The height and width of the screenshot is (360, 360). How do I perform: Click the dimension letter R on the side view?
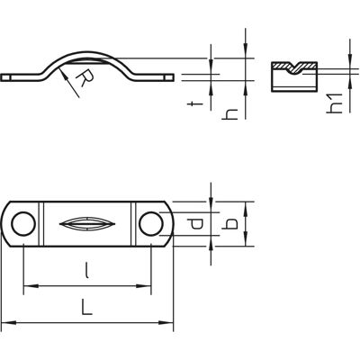(x=85, y=78)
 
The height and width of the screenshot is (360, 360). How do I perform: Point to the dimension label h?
(x=229, y=114)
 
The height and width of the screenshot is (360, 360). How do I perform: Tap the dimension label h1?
(x=335, y=103)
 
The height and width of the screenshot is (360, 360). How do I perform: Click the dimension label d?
(x=195, y=224)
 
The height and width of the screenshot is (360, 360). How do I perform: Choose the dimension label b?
(x=230, y=224)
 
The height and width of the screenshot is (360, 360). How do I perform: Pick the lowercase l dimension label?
(x=86, y=270)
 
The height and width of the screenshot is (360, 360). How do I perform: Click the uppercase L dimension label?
(x=86, y=306)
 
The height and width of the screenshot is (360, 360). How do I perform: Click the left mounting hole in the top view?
(x=23, y=224)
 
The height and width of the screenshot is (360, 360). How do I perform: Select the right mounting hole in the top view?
(x=151, y=224)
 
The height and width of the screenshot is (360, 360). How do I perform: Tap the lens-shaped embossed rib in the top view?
(x=87, y=224)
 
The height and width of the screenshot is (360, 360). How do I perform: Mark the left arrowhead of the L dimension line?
(x=8, y=323)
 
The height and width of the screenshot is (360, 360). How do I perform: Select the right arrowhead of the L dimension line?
(x=166, y=323)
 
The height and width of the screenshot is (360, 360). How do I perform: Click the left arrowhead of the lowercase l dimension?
(x=31, y=286)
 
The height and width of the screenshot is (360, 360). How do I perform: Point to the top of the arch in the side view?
(x=87, y=53)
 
